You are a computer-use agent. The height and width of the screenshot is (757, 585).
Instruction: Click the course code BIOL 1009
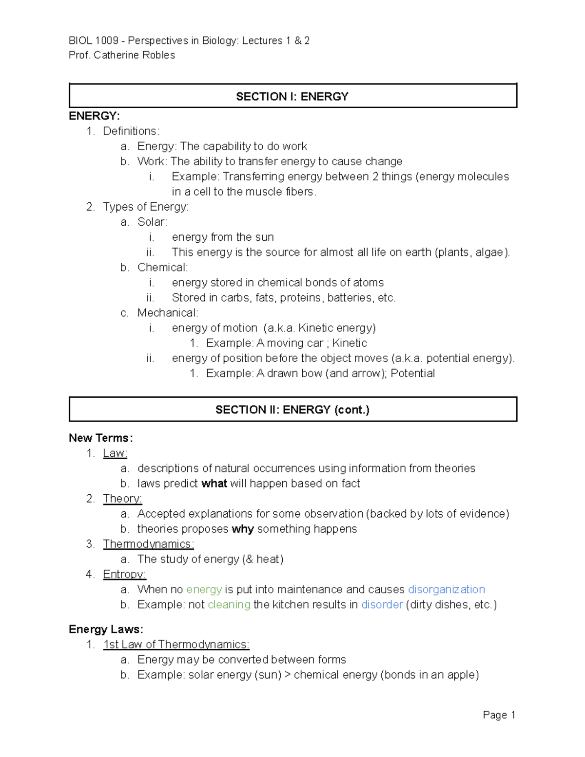tap(93, 40)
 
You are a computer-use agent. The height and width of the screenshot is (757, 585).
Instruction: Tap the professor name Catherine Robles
tap(134, 55)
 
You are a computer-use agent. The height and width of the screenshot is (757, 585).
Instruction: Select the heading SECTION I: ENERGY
tap(292, 97)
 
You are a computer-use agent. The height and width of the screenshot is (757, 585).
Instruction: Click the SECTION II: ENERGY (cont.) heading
tap(292, 410)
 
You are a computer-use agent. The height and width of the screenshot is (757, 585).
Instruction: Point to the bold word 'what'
tap(214, 484)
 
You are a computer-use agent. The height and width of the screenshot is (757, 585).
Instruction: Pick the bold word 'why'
tap(242, 529)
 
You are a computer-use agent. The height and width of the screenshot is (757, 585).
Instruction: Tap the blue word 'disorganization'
tap(446, 589)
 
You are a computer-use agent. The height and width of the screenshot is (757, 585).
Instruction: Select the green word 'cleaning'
tap(229, 604)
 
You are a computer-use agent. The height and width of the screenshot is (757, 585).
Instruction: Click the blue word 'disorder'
tap(382, 604)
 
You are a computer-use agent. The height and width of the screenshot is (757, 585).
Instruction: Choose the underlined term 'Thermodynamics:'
tap(148, 544)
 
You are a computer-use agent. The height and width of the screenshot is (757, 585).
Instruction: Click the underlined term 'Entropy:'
tap(124, 574)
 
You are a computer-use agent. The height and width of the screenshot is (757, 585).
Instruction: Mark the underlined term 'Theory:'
tap(122, 499)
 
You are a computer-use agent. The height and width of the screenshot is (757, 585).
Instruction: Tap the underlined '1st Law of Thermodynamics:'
tap(176, 644)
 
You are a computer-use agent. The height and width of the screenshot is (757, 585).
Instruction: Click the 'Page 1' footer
tap(499, 715)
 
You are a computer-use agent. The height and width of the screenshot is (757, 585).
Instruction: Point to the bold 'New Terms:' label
tap(100, 438)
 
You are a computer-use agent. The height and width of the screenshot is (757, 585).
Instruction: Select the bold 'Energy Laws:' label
tap(106, 629)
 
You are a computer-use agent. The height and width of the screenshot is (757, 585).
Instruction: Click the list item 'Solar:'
tap(152, 222)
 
